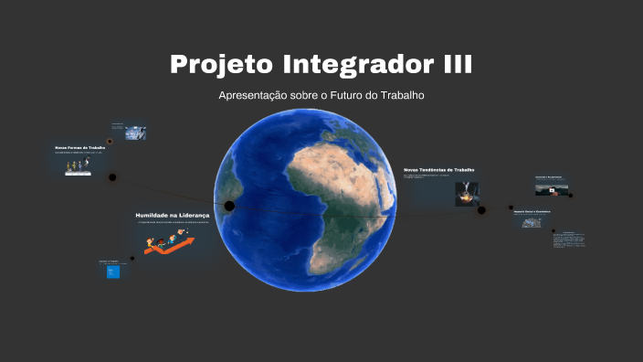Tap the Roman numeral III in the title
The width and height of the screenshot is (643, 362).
(x=448, y=66)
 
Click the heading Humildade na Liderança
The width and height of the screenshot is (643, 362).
(x=173, y=214)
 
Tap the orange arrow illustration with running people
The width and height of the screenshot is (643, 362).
(x=168, y=243)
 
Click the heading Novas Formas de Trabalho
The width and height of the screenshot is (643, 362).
(x=80, y=147)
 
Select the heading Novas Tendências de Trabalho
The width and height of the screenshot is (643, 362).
(x=438, y=170)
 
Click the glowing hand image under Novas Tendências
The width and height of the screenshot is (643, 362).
(x=467, y=194)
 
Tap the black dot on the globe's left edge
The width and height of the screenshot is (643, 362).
(x=229, y=206)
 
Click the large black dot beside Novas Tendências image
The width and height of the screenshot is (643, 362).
(x=482, y=209)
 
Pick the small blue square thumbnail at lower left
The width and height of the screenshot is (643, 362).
(x=113, y=271)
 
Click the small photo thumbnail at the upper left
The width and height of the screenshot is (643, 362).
(x=135, y=133)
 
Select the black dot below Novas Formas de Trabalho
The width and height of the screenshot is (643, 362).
(x=112, y=177)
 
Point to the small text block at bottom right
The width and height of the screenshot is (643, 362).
(x=568, y=239)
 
